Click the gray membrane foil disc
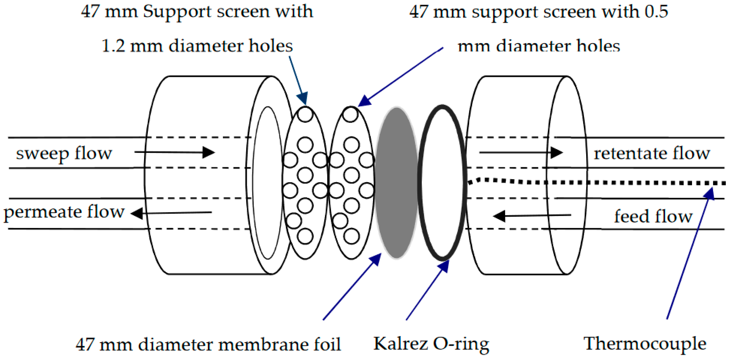point(396,183)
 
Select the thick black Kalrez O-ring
point(420,184)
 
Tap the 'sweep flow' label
point(64,153)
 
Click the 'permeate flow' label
point(64,212)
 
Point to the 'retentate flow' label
point(652,153)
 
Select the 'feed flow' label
point(653,216)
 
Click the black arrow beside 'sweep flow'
point(174,152)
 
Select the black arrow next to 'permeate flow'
point(171,213)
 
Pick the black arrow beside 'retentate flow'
point(521,153)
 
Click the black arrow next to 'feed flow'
point(532,216)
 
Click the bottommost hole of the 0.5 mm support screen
point(351,236)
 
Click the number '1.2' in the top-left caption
point(113,46)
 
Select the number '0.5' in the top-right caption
point(656,12)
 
